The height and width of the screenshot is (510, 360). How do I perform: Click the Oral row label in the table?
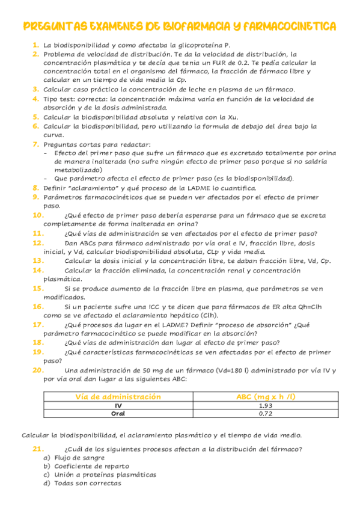click(x=118, y=414)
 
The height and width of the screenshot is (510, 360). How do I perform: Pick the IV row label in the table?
click(x=118, y=406)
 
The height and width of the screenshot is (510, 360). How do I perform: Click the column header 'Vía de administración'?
click(x=118, y=397)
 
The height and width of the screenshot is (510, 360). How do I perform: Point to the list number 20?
click(x=37, y=370)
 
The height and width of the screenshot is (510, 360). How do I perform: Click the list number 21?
click(x=37, y=449)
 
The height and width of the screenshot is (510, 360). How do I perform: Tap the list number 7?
click(x=36, y=144)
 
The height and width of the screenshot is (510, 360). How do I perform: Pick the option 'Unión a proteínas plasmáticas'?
click(x=105, y=475)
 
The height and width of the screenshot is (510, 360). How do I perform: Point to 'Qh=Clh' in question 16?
click(x=314, y=307)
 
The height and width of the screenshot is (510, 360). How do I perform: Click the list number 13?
click(x=37, y=260)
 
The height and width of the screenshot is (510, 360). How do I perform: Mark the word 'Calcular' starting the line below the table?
click(x=35, y=435)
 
